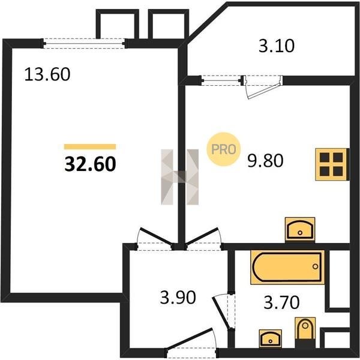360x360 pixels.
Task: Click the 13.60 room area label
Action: click(47, 74)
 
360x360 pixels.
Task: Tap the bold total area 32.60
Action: click(90, 164)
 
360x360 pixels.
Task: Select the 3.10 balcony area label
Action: click(277, 46)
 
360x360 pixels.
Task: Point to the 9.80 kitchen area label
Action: click(265, 160)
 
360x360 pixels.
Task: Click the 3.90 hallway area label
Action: click(178, 298)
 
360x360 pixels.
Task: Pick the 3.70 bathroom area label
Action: click(281, 302)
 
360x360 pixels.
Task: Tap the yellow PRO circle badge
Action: click(223, 149)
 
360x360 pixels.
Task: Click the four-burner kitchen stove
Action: click(332, 164)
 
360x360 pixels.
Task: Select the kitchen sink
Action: click(300, 230)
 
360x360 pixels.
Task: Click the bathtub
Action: click(287, 267)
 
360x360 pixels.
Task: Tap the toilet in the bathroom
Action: click(305, 332)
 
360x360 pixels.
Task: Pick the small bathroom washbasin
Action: click(271, 338)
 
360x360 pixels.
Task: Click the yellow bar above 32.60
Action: click(90, 146)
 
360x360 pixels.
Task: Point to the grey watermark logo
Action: click(180, 177)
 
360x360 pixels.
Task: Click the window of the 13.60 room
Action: click(84, 43)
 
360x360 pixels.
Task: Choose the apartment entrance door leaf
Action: click(190, 340)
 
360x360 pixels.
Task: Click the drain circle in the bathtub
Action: click(315, 266)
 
